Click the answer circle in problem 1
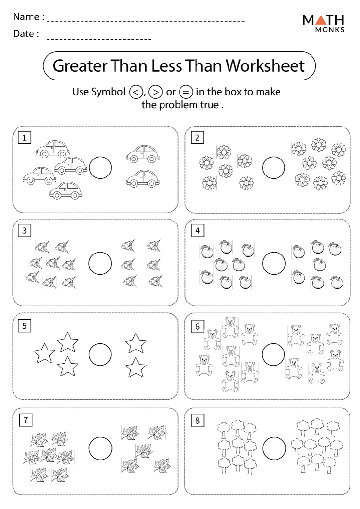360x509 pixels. [x=100, y=168]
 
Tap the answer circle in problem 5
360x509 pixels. [x=100, y=354]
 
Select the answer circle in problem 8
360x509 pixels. [x=274, y=447]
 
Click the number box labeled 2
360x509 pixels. [x=197, y=138]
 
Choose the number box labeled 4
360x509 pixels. [x=197, y=231]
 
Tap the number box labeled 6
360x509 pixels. [x=197, y=326]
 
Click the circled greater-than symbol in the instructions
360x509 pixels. [x=155, y=92]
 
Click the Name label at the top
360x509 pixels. [x=28, y=17]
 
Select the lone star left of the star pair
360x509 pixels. [x=44, y=353]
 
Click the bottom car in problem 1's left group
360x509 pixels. [x=65, y=191]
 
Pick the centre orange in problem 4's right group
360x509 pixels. [x=318, y=265]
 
